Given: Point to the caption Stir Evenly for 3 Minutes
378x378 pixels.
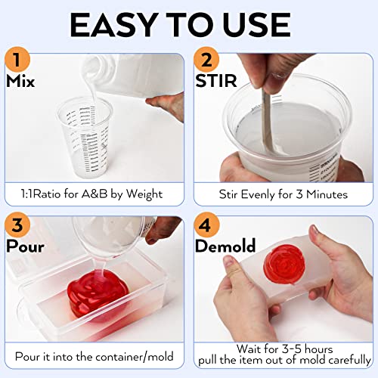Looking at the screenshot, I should [283, 194].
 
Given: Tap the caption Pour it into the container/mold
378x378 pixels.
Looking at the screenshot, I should [94, 355].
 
